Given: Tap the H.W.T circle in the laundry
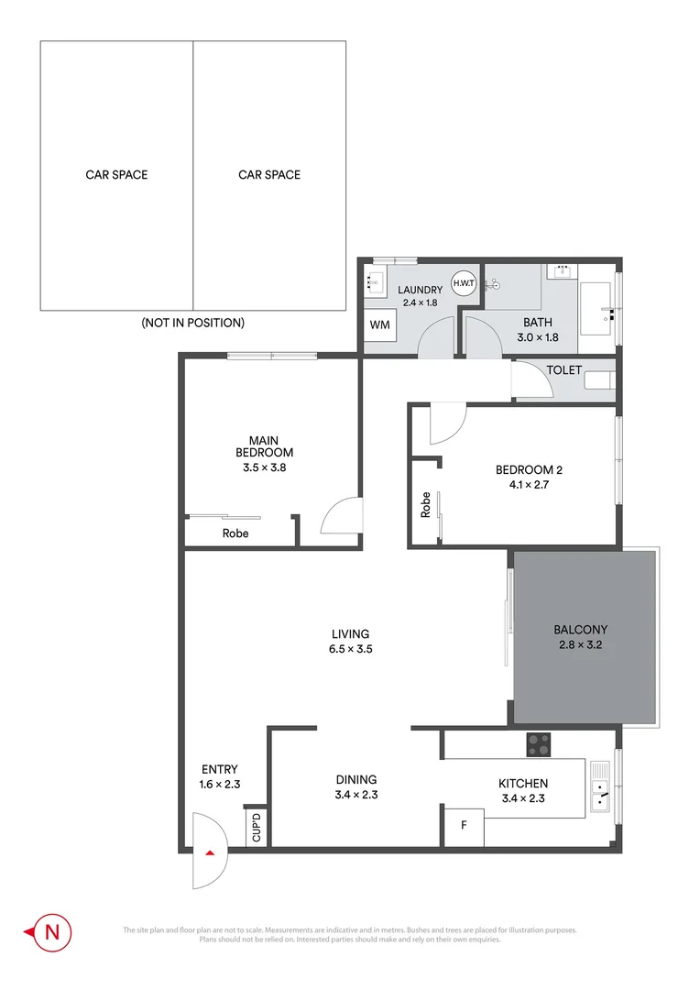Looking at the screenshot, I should pyautogui.click(x=464, y=282).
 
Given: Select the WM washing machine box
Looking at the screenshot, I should pyautogui.click(x=379, y=325).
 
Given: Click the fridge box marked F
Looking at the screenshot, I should pyautogui.click(x=464, y=825).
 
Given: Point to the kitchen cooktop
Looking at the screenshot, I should pyautogui.click(x=539, y=745).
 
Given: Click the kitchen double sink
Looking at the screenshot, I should pyautogui.click(x=600, y=789).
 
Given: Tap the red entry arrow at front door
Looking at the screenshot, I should pyautogui.click(x=211, y=853).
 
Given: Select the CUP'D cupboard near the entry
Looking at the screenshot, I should pyautogui.click(x=256, y=827).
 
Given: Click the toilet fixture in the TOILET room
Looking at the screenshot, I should pyautogui.click(x=600, y=380).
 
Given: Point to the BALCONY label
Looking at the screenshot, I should pyautogui.click(x=580, y=630).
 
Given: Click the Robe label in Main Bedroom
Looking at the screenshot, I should pyautogui.click(x=235, y=533).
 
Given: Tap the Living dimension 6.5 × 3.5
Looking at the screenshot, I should pyautogui.click(x=350, y=649).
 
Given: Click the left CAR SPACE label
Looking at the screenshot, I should pyautogui.click(x=116, y=174).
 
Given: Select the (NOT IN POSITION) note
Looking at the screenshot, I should pyautogui.click(x=192, y=323).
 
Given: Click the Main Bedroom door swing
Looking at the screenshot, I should pyautogui.click(x=341, y=516).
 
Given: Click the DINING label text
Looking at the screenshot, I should pyautogui.click(x=356, y=780).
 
